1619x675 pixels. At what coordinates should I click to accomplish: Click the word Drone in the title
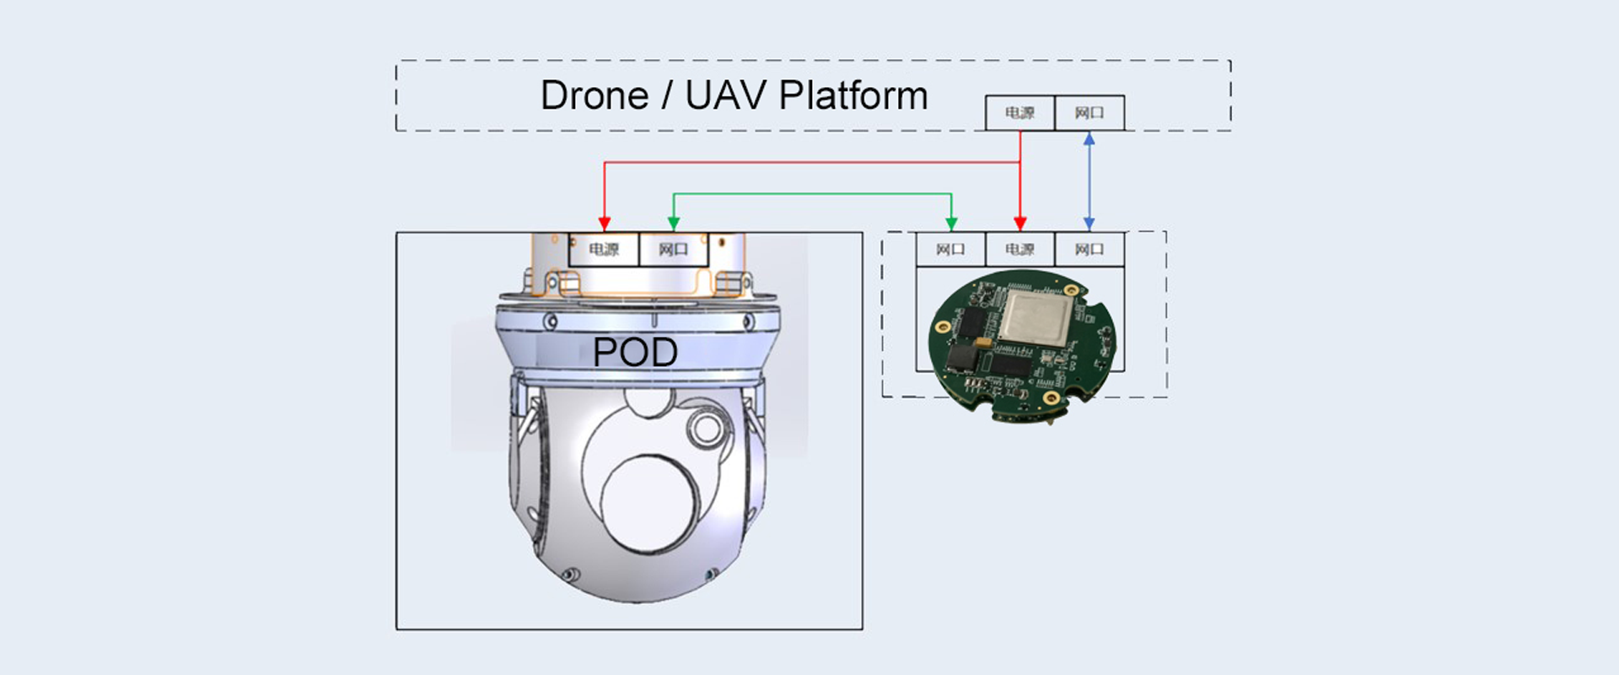[x=594, y=95]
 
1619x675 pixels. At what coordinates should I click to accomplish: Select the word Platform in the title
[x=853, y=95]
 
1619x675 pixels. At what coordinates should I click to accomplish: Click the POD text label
[x=635, y=353]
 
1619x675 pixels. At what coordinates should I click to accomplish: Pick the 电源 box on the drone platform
[x=1019, y=113]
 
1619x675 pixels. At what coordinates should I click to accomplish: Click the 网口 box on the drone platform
[x=1089, y=113]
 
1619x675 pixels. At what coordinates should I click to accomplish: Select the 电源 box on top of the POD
[x=604, y=250]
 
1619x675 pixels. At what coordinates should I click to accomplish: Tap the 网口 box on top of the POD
[x=673, y=250]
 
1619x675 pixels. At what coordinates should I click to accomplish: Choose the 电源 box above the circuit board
[x=1019, y=250]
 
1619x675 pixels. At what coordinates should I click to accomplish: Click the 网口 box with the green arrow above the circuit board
[x=950, y=250]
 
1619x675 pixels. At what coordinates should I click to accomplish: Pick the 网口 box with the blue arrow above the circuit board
[x=1089, y=250]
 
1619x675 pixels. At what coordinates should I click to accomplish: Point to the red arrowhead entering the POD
[x=605, y=224]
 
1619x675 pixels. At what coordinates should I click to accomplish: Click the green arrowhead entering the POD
[x=673, y=224]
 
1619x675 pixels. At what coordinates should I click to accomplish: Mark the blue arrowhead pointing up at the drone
[x=1089, y=139]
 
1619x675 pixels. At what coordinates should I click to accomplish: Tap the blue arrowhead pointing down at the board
[x=1089, y=224]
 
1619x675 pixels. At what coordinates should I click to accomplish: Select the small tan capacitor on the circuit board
[x=983, y=343]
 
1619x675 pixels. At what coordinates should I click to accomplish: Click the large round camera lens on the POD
[x=649, y=505]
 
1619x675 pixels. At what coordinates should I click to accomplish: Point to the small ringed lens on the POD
[x=706, y=428]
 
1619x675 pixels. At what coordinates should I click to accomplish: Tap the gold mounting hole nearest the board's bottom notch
[x=1051, y=397]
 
